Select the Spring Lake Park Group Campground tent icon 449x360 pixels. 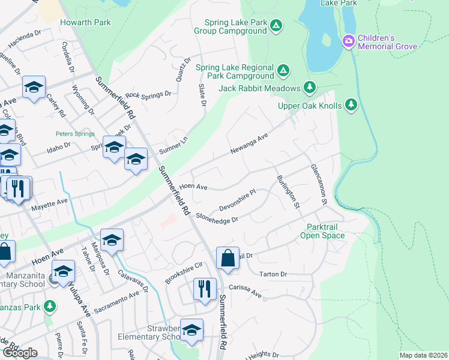click(276, 25)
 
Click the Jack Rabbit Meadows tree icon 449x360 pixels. click(310, 88)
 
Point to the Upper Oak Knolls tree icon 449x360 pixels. click(351, 106)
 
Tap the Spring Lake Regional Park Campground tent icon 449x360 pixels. click(283, 72)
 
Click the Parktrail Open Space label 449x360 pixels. click(325, 232)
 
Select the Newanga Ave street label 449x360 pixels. click(247, 145)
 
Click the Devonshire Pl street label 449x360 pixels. click(237, 199)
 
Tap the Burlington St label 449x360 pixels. click(288, 191)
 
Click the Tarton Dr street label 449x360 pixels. click(274, 274)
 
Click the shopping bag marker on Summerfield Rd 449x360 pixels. click(228, 259)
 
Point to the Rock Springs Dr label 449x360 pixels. click(148, 95)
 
